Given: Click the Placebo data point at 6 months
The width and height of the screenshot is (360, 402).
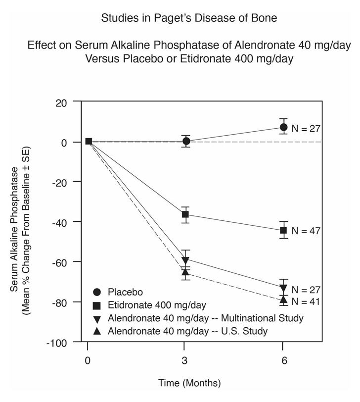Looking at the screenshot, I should tap(283, 127).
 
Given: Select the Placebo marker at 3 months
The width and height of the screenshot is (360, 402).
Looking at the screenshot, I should tap(186, 141).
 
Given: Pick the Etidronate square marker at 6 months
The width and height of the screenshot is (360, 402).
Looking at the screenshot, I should tap(283, 230).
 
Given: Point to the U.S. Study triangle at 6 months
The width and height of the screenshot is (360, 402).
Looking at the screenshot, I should tap(283, 300).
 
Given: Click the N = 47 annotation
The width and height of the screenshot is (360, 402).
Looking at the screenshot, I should tap(306, 231).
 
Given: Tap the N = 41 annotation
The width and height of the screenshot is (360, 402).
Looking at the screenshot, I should tap(306, 301).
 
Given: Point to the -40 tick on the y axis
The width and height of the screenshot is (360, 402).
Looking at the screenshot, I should tap(61, 222).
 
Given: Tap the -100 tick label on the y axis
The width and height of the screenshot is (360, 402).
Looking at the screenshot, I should tap(59, 343).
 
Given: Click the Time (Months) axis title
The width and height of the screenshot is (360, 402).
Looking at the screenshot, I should tap(189, 383).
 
